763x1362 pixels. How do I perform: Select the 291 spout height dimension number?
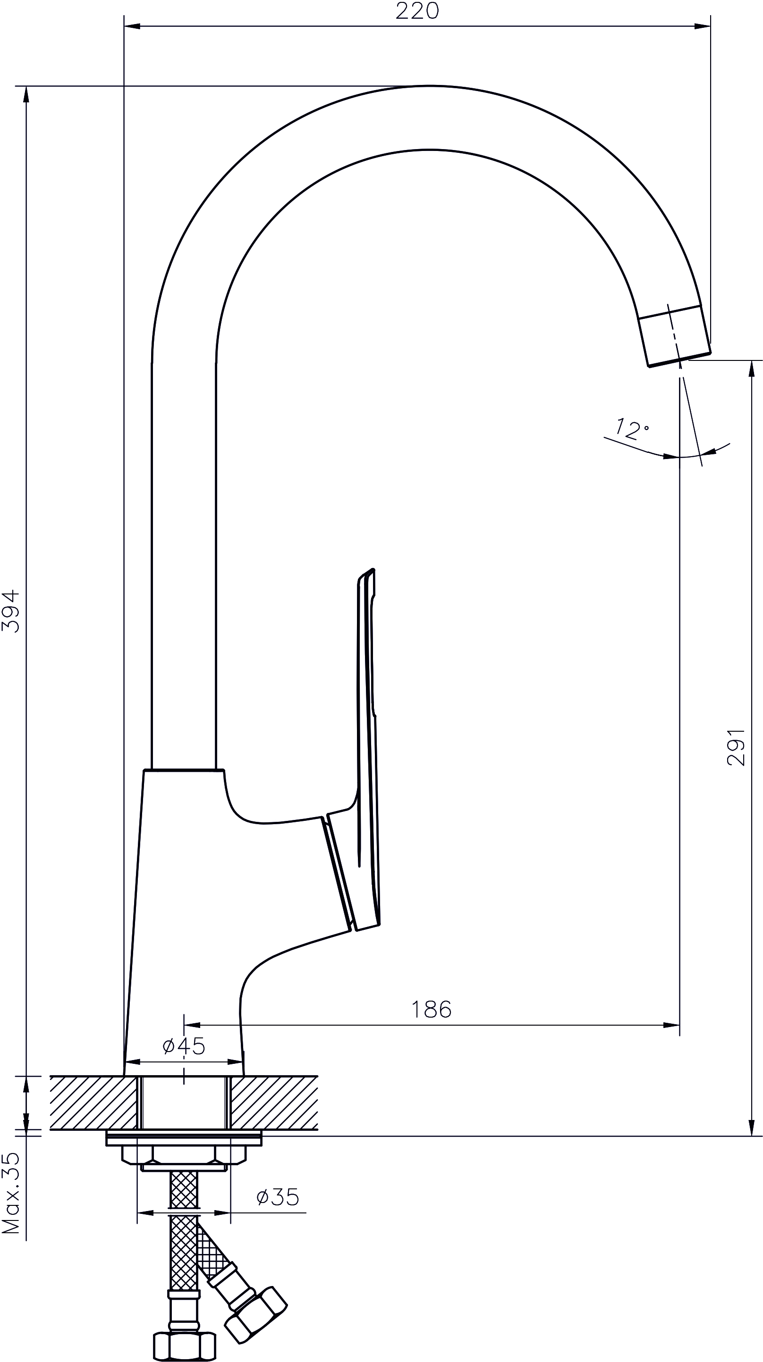[736, 747]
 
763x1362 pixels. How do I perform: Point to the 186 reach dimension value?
[431, 1010]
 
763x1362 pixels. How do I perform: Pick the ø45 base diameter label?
[184, 1046]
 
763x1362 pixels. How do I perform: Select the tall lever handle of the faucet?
[367, 751]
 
